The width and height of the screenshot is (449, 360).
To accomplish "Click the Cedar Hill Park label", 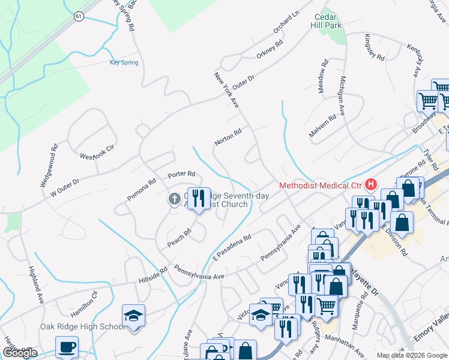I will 326,22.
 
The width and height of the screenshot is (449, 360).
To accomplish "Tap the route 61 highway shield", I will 79,16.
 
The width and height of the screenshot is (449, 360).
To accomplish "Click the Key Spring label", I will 124,62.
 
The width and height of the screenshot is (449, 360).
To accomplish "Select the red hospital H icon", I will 371,184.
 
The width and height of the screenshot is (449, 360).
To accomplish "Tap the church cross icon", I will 174,199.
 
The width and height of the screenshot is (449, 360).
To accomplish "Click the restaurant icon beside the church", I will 199,197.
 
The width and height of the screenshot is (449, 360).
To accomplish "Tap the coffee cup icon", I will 67,346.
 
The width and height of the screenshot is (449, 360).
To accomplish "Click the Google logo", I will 19,353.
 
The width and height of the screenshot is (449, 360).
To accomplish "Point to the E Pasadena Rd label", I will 231,248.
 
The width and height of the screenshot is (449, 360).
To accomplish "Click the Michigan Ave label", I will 343,95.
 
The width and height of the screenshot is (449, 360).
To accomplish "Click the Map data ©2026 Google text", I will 412,355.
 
